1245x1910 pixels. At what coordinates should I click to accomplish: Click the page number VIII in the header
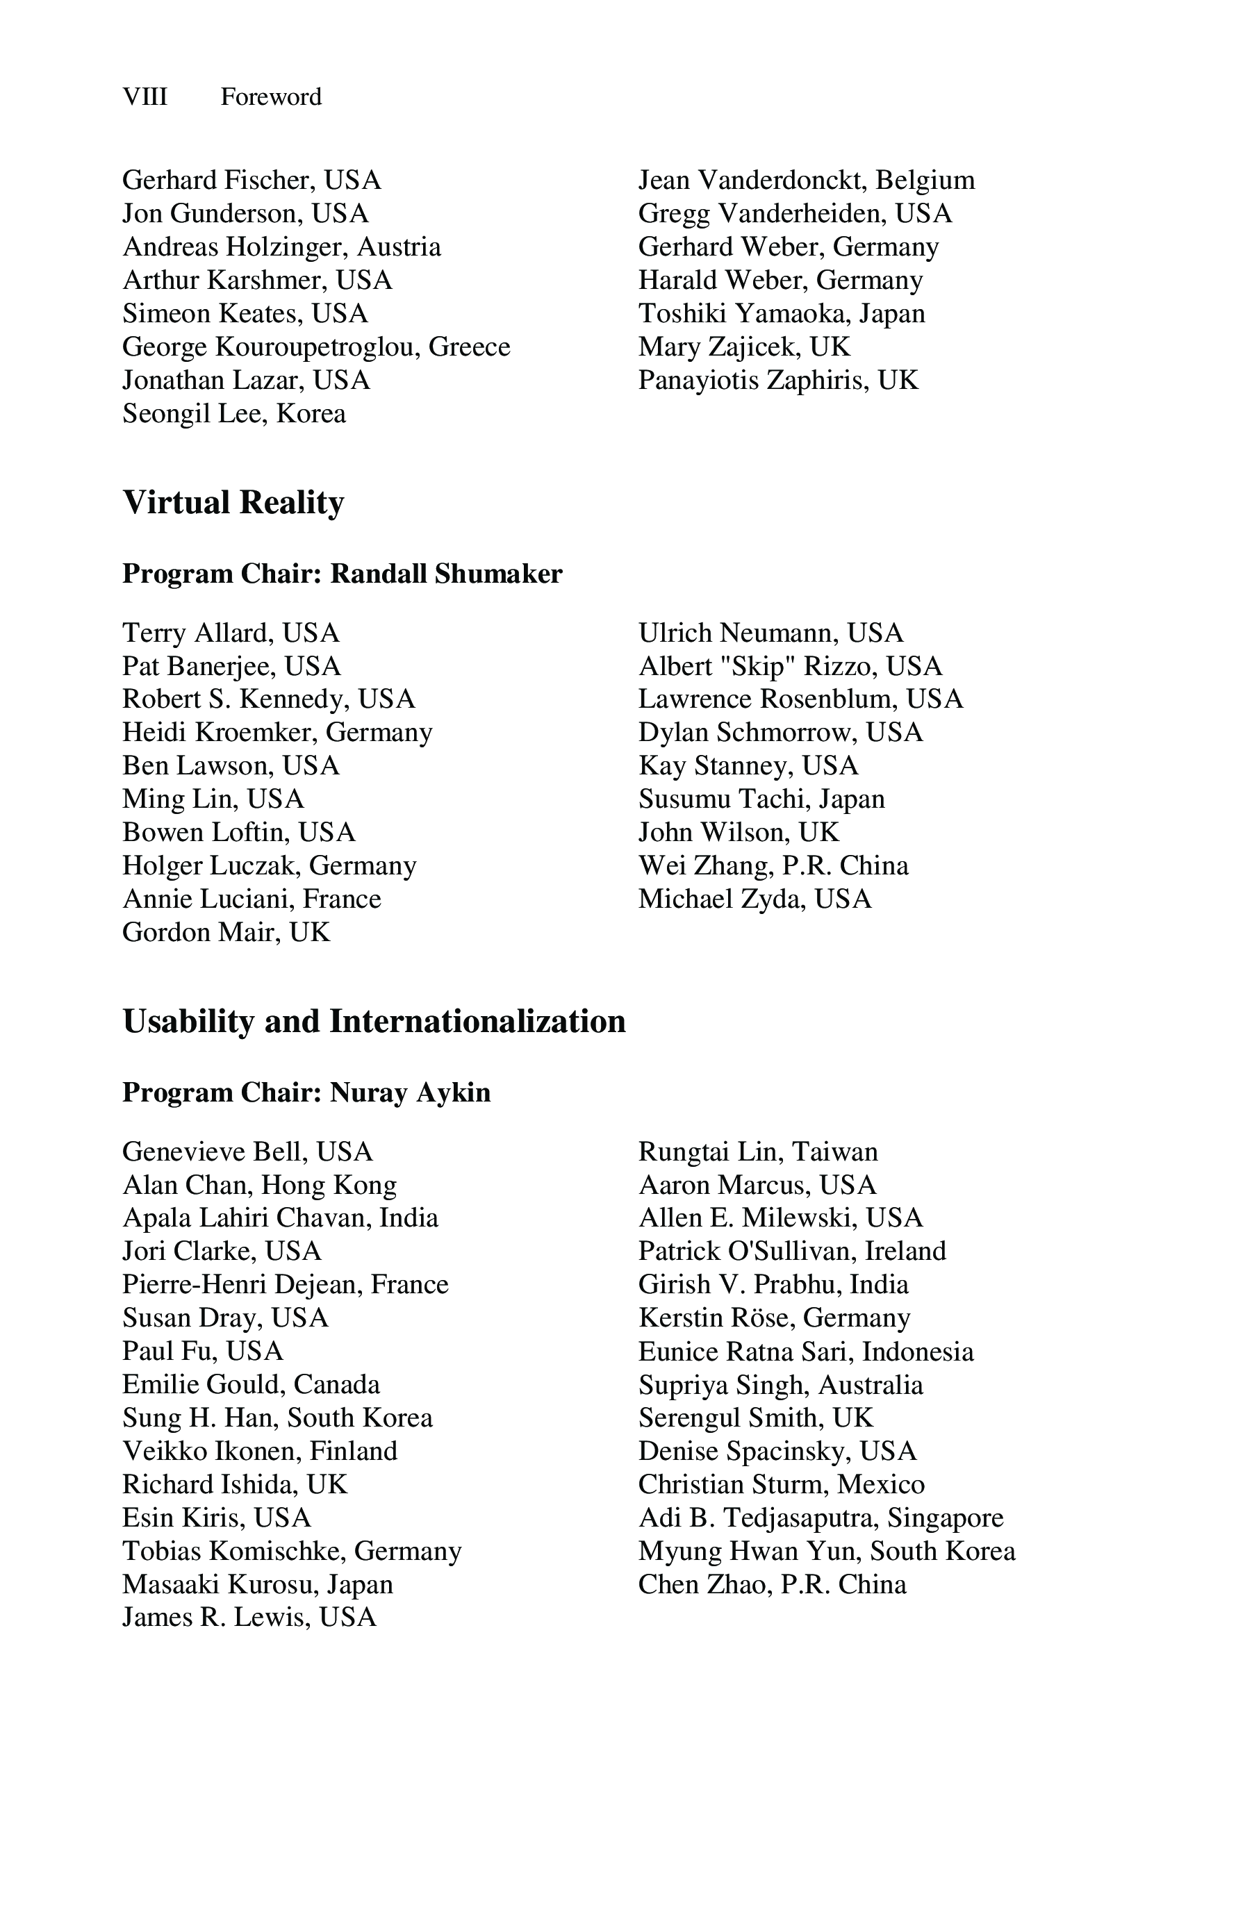[x=145, y=97]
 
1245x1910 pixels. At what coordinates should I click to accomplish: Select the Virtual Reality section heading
[x=233, y=502]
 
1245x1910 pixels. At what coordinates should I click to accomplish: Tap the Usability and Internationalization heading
[x=373, y=1021]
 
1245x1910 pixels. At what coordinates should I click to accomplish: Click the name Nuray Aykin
[x=409, y=1093]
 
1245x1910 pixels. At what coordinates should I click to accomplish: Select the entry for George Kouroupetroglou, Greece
[x=315, y=347]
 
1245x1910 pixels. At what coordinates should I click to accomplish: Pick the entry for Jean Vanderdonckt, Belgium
[x=806, y=180]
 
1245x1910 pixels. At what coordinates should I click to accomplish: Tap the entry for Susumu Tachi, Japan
[x=761, y=799]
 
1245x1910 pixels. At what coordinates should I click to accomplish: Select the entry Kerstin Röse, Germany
[x=774, y=1318]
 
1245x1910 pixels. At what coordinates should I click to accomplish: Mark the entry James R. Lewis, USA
[x=249, y=1616]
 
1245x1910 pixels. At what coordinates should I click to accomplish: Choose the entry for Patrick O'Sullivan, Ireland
[x=791, y=1251]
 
